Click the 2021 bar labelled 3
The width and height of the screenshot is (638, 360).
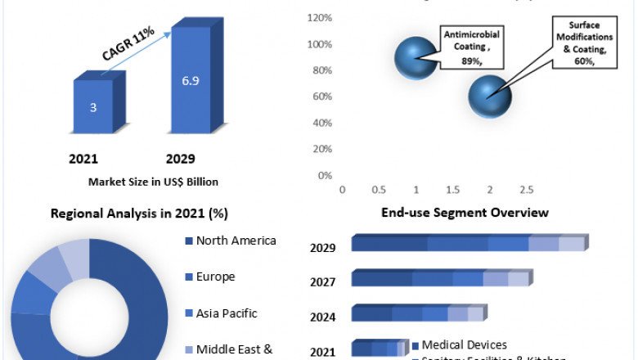pyautogui.click(x=94, y=106)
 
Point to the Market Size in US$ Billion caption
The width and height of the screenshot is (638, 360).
pyautogui.click(x=153, y=182)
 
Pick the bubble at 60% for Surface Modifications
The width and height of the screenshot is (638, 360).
pyautogui.click(x=489, y=96)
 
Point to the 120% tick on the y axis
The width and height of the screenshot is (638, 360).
pyautogui.click(x=320, y=18)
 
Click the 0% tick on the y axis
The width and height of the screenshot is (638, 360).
pyautogui.click(x=324, y=175)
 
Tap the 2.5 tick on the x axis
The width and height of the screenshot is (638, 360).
pyautogui.click(x=526, y=190)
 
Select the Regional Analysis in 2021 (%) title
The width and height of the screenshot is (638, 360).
pyautogui.click(x=139, y=214)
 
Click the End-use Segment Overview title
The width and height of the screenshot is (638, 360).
pyautogui.click(x=465, y=213)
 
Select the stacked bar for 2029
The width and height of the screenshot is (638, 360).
pyautogui.click(x=469, y=243)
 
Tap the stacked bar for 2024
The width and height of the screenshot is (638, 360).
pyautogui.click(x=418, y=313)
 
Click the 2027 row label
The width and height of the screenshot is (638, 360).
pyautogui.click(x=322, y=282)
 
